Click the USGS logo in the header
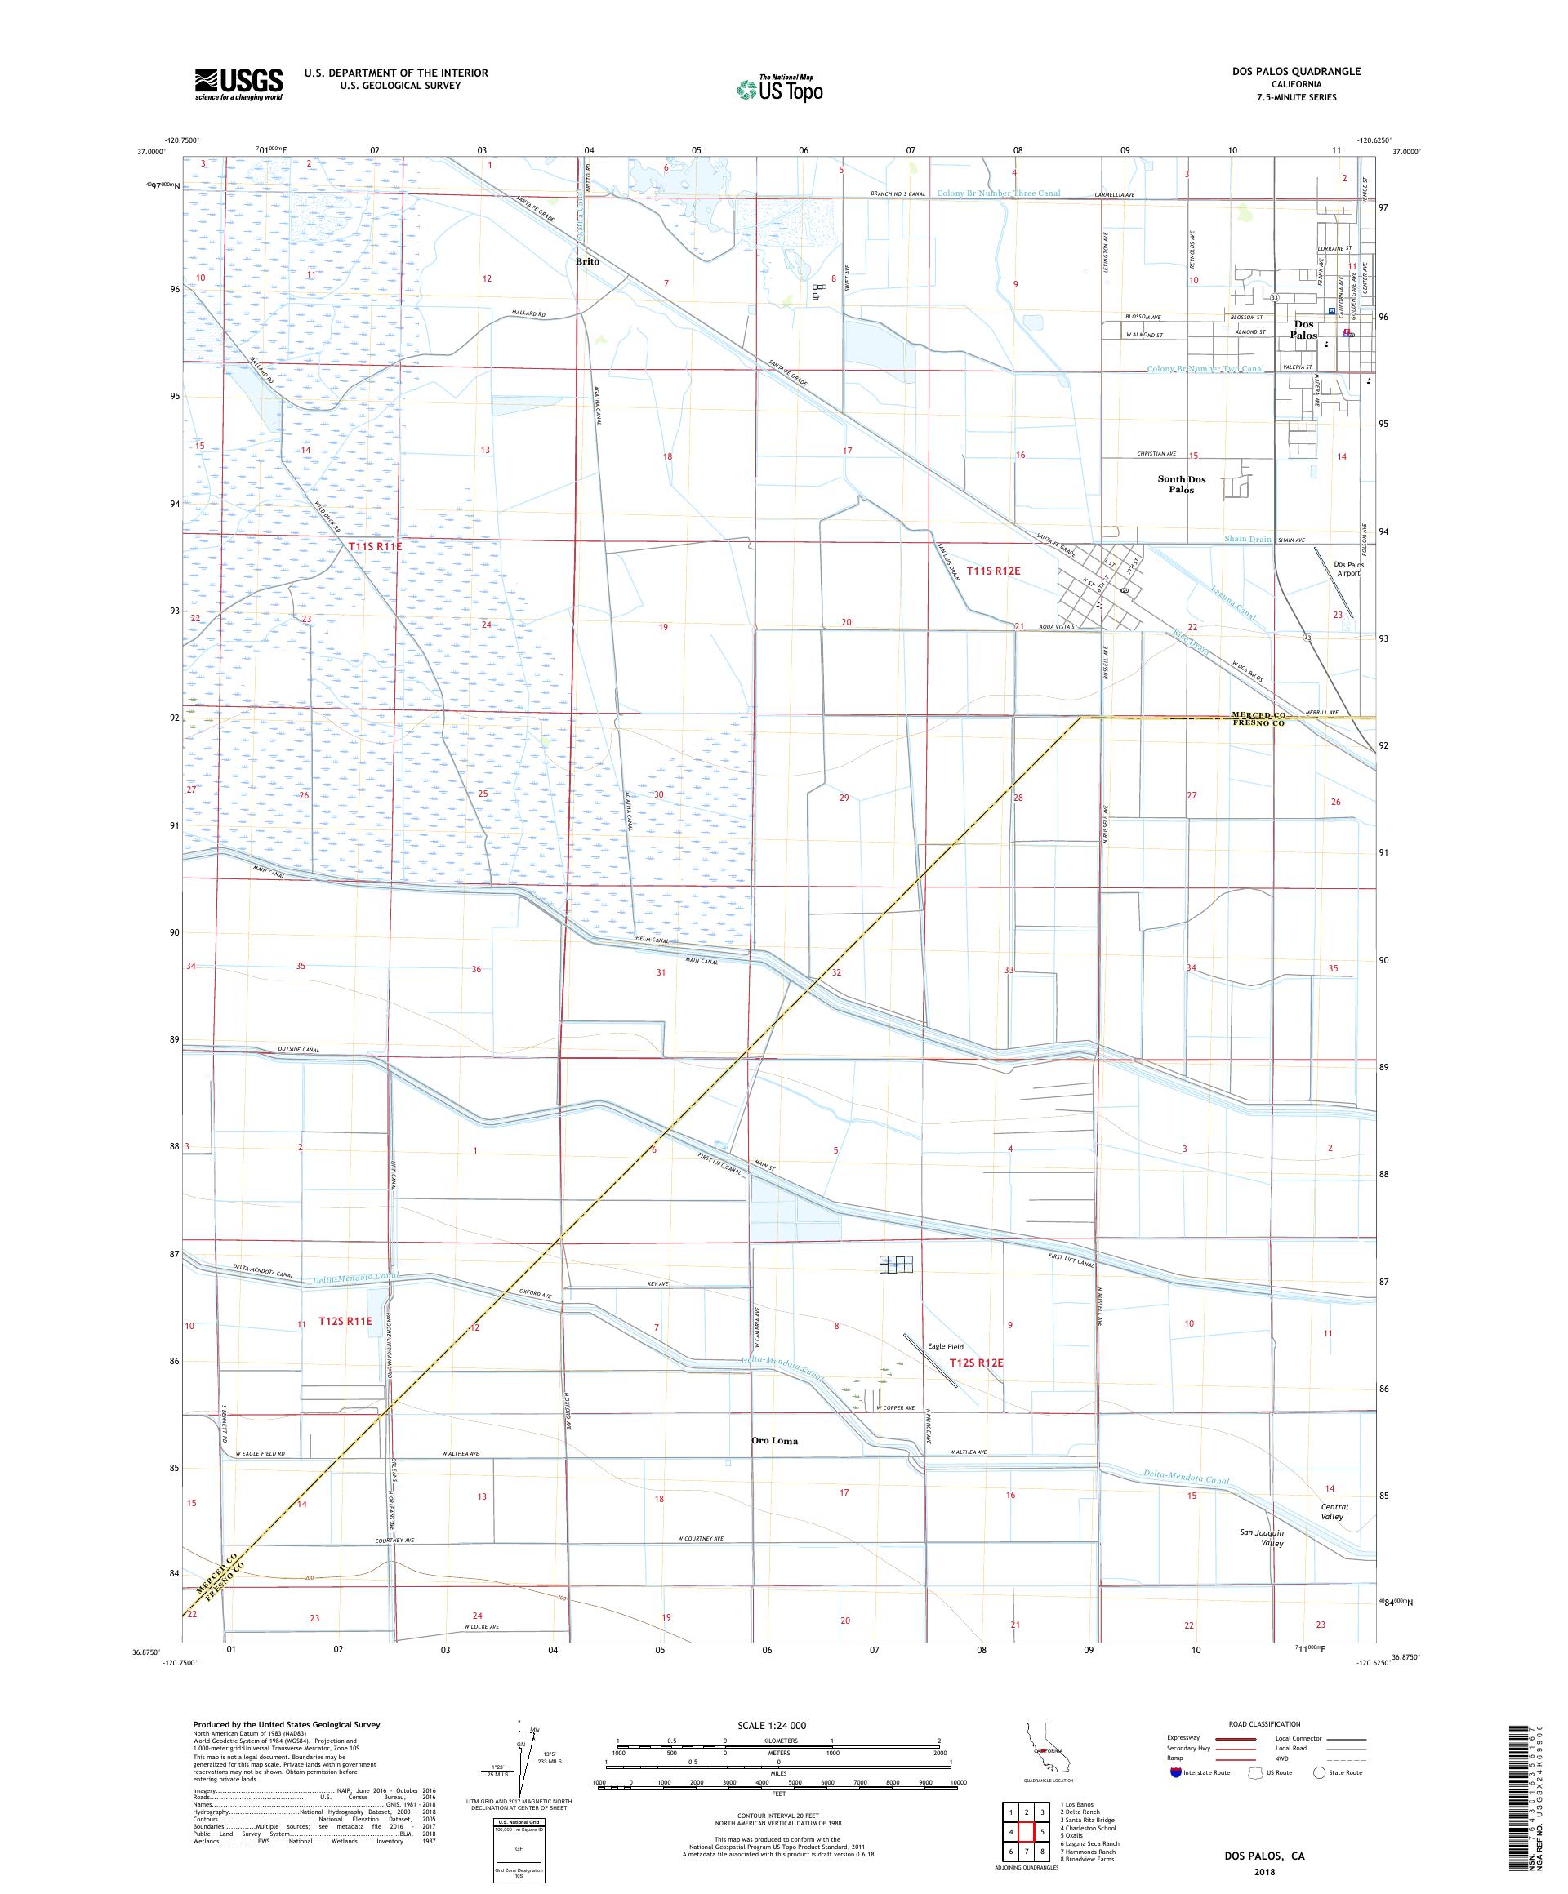tap(238, 85)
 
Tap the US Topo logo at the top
tap(782, 88)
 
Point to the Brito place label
tap(587, 261)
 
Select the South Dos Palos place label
tap(1181, 484)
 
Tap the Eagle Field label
tap(946, 1346)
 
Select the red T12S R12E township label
tap(976, 1363)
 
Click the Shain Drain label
tap(1247, 539)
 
